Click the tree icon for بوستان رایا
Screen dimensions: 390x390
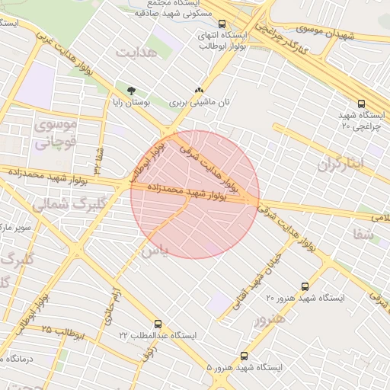click(132, 90)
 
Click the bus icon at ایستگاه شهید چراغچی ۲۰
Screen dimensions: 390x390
click(361, 104)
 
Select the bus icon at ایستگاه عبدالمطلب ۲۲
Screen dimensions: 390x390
click(158, 324)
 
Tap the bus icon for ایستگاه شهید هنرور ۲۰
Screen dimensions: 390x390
click(305, 287)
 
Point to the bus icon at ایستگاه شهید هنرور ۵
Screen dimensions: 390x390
click(244, 356)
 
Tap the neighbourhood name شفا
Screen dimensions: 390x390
click(364, 235)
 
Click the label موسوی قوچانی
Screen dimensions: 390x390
click(56, 132)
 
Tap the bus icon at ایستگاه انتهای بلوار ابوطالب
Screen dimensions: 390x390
click(222, 24)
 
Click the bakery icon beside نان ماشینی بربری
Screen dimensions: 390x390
click(199, 89)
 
